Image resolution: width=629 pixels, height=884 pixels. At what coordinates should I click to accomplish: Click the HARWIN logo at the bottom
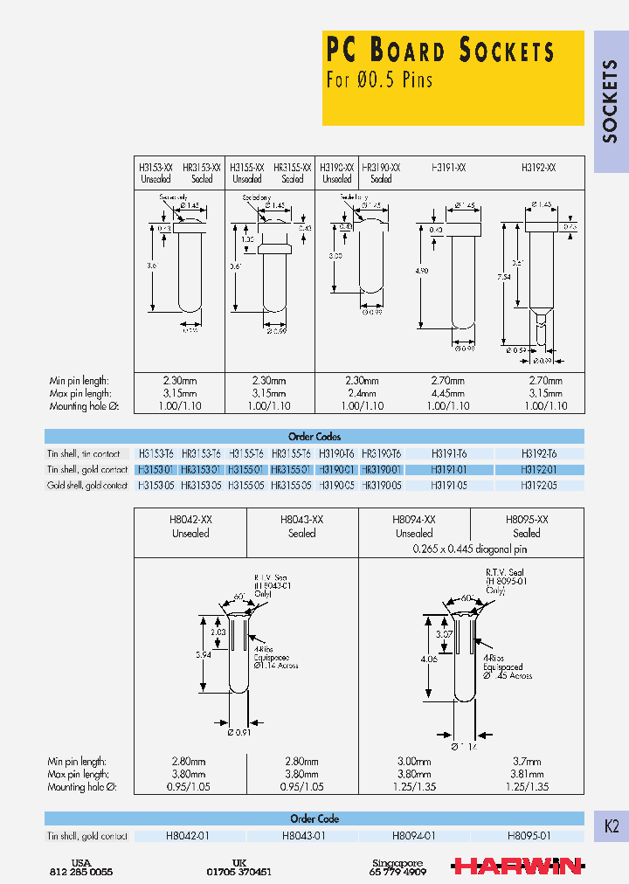(517, 866)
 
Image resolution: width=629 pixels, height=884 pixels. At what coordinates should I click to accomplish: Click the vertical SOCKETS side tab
(611, 101)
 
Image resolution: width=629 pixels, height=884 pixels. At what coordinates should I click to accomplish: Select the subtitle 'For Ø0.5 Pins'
(379, 79)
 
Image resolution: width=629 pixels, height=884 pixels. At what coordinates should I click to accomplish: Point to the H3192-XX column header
(538, 166)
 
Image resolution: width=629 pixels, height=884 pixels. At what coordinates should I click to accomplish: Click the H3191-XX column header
(449, 166)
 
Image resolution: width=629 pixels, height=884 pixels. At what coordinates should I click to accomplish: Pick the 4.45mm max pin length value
(449, 393)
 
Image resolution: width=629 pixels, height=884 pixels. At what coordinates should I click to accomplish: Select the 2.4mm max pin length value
(359, 393)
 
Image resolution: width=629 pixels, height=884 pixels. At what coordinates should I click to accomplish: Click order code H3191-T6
(449, 453)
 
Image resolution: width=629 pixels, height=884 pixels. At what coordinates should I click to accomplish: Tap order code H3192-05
(538, 485)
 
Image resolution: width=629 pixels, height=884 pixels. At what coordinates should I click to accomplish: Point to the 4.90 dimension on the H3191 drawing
(422, 271)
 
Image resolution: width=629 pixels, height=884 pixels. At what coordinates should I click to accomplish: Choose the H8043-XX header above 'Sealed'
(302, 519)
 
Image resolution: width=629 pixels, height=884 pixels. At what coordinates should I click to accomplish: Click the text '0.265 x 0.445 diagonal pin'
(470, 549)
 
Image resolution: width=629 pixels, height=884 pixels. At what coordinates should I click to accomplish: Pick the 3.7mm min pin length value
(526, 762)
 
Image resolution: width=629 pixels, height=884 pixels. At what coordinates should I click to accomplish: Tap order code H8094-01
(413, 836)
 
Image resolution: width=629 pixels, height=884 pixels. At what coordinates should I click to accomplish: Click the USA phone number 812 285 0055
(81, 872)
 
